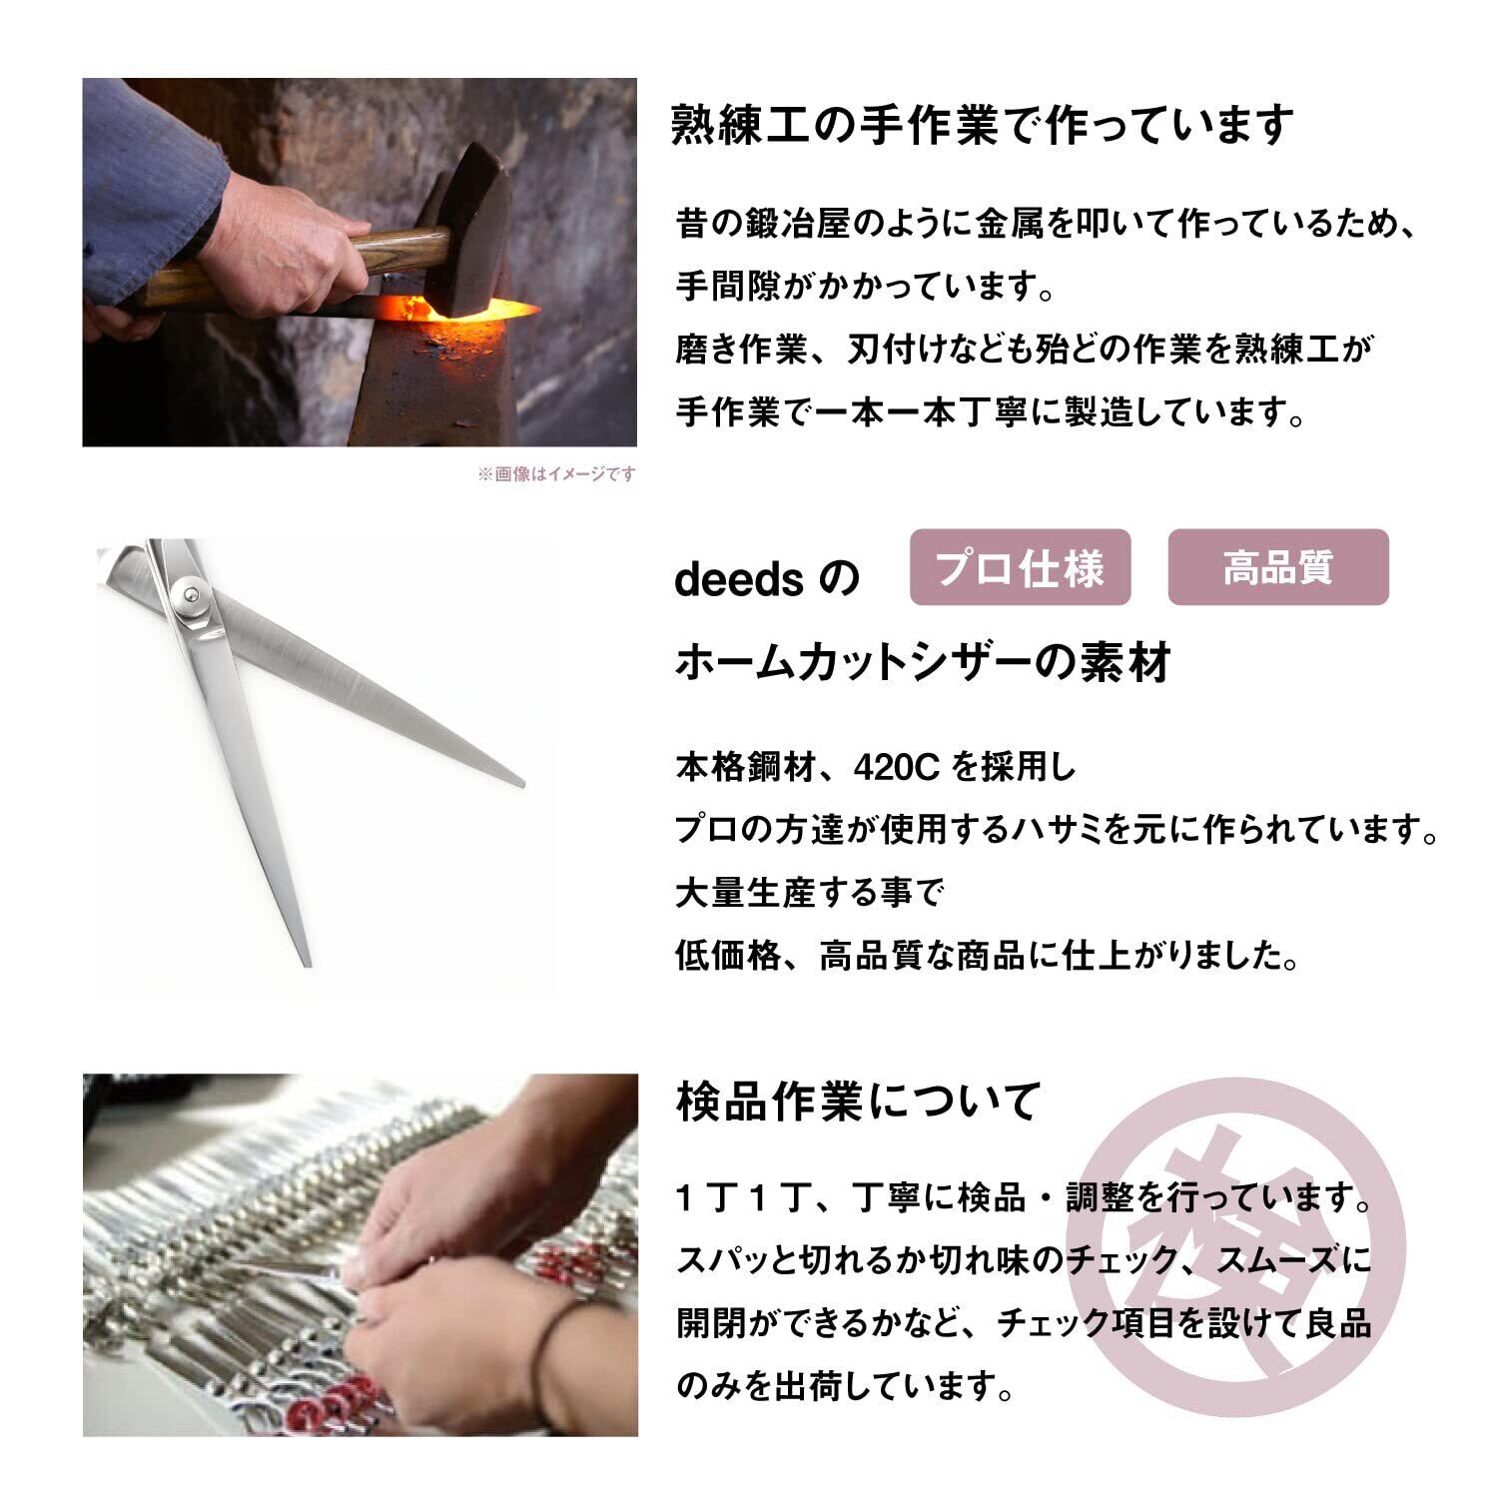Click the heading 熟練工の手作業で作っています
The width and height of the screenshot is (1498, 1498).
[x=983, y=125]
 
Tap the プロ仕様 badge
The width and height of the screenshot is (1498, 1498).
[x=1020, y=567]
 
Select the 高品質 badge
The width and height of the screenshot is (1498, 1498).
[x=1278, y=567]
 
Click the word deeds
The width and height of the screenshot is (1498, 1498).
[x=739, y=580]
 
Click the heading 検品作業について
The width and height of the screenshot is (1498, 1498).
[x=858, y=1102]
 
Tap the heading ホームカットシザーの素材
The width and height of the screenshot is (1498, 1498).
[x=923, y=662]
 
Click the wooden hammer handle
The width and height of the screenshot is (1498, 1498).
[x=290, y=262]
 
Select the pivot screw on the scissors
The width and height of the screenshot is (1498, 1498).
[x=189, y=596]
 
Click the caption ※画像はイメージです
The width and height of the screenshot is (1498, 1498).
[x=555, y=473]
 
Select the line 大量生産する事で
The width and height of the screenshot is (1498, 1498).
[x=810, y=893]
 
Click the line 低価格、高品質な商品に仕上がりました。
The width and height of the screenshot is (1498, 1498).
[x=989, y=956]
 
